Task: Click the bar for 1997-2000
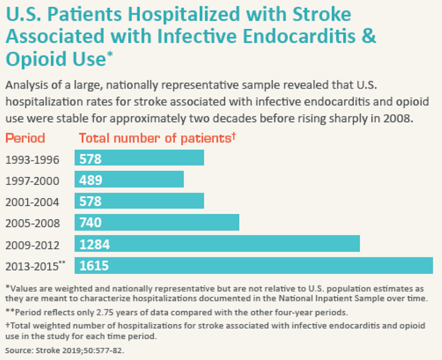tap(129, 179)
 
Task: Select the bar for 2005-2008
tap(157, 222)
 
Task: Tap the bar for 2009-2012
tap(217, 244)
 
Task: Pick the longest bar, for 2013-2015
tap(253, 265)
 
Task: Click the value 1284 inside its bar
tap(94, 244)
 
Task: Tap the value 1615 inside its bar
tap(94, 266)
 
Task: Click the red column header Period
tap(25, 138)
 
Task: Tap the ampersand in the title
tap(369, 36)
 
